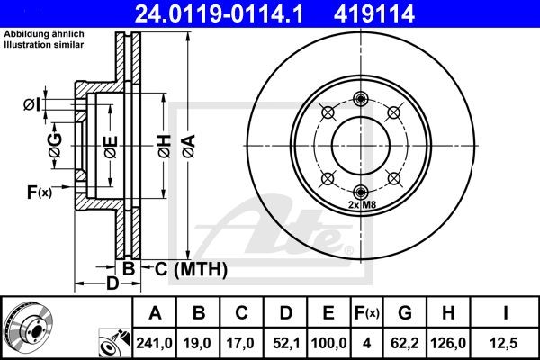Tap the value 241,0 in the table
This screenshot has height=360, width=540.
point(156,343)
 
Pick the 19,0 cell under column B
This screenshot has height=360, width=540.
point(200,343)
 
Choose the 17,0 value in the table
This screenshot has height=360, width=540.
point(242,343)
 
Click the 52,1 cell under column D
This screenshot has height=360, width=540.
point(285,343)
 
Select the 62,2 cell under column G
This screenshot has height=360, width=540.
point(405,343)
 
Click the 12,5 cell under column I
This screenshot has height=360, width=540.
point(505,343)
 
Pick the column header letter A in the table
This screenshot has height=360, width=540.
point(156,314)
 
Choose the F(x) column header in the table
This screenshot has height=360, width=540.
point(366,314)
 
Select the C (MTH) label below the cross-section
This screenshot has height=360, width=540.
point(190,268)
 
